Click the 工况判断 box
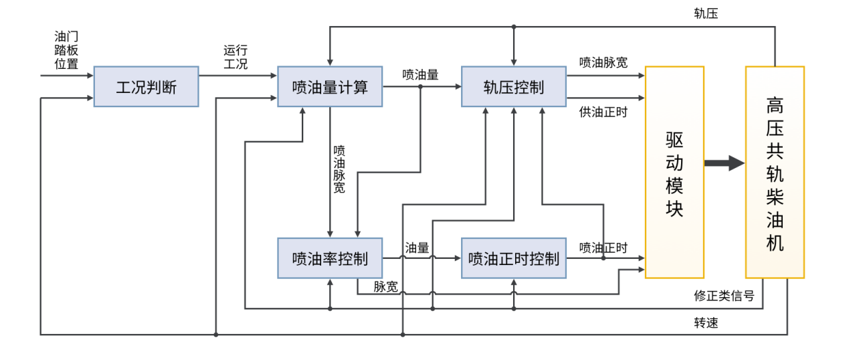tap(146, 86)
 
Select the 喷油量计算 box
tap(330, 86)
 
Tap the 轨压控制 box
tap(514, 86)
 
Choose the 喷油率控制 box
tap(330, 258)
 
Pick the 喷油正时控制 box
tap(514, 258)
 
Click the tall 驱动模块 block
tap(674, 172)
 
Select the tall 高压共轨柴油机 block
tap(775, 172)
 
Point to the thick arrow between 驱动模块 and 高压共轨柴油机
tap(725, 163)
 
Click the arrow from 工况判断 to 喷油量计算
tap(238, 75)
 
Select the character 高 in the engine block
tap(775, 106)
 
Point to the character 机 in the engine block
tap(775, 242)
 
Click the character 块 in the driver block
tap(674, 208)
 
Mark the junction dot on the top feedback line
tap(514, 27)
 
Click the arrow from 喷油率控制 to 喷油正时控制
tap(421, 258)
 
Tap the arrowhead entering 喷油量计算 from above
tap(330, 62)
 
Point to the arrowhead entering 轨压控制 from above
tap(514, 62)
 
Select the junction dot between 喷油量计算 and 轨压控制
tap(420, 86)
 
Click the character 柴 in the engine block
tap(775, 197)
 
